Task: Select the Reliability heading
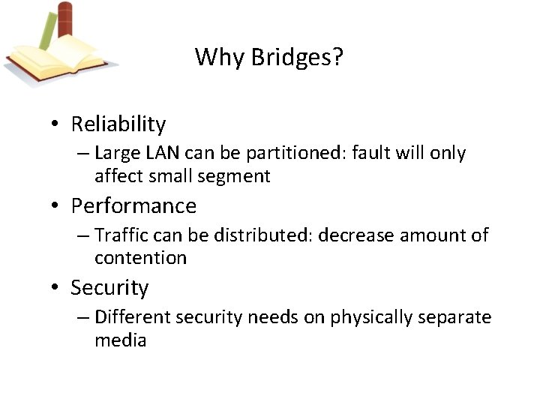(118, 124)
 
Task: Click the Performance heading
(133, 205)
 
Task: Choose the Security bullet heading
(109, 287)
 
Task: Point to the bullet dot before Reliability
(57, 124)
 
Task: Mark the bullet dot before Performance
(57, 206)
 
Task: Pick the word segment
(238, 177)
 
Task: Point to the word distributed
(263, 235)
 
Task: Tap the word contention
(140, 258)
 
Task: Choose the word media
(120, 340)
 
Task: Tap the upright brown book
(66, 22)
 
